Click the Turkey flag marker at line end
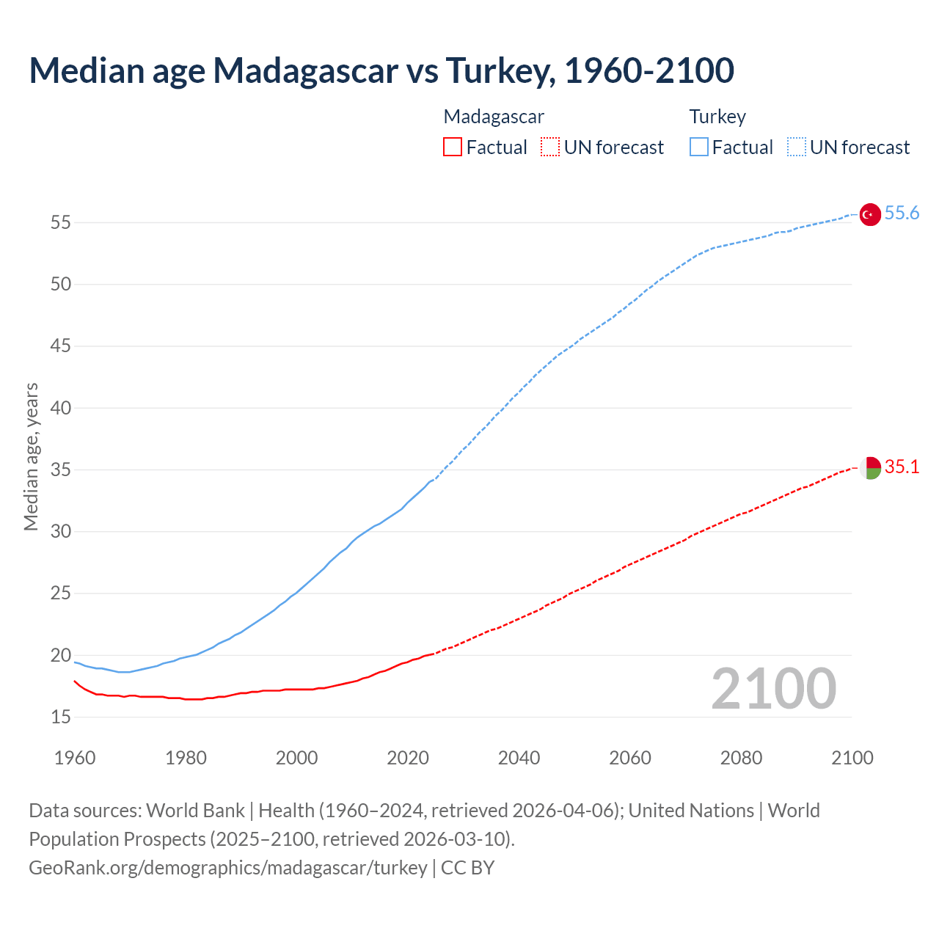click(x=869, y=214)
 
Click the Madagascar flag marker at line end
click(x=870, y=467)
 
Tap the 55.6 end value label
click(x=902, y=213)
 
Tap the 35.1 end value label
click(x=902, y=467)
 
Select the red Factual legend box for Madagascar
click(x=453, y=147)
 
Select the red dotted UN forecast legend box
click(x=550, y=147)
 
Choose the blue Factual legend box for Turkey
click(x=699, y=147)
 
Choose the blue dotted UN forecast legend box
click(x=797, y=147)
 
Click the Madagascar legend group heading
click(x=494, y=117)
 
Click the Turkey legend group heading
click(x=717, y=117)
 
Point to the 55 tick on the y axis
click(x=61, y=222)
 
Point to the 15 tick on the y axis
click(x=61, y=717)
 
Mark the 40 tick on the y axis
click(x=61, y=408)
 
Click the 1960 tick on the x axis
click(x=75, y=758)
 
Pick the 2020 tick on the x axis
click(x=408, y=758)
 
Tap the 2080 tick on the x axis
click(x=741, y=758)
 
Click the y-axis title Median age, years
click(x=31, y=456)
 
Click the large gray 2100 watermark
click(x=774, y=689)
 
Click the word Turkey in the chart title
click(x=498, y=70)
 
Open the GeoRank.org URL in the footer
click(x=227, y=868)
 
